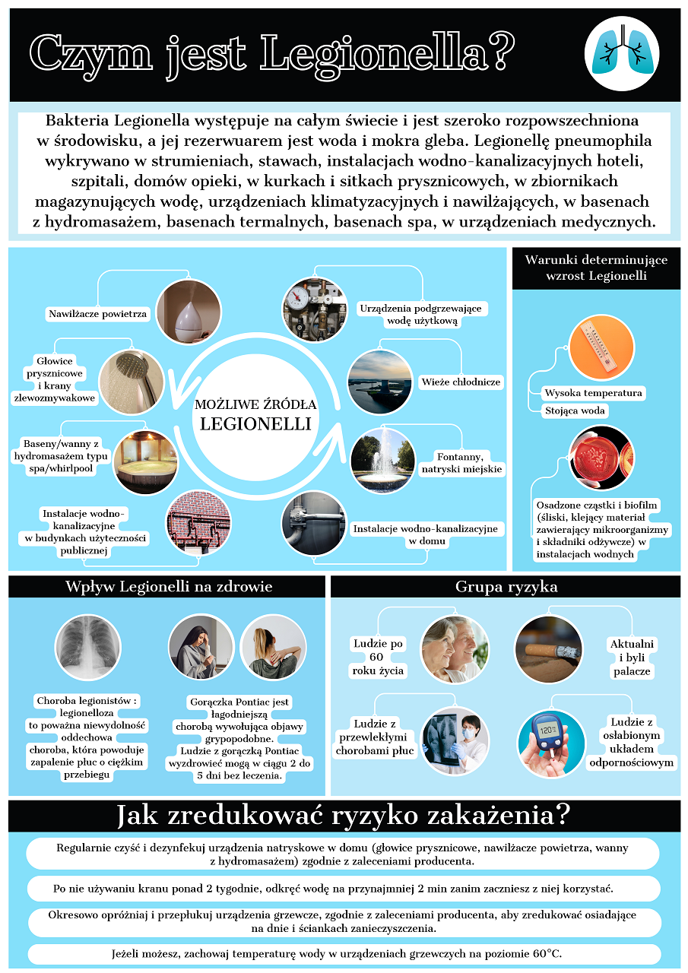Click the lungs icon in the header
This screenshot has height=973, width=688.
(621, 54)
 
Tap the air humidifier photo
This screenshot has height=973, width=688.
(188, 312)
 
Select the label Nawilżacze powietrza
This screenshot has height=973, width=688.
(98, 313)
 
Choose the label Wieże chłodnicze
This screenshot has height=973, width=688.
(460, 382)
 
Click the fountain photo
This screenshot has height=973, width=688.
(383, 461)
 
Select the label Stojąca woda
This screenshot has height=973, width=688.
(575, 410)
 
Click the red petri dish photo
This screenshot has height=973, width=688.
(601, 458)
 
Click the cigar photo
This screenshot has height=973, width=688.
(549, 648)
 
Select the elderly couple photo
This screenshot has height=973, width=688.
(455, 648)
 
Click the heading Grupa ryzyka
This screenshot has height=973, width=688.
(506, 587)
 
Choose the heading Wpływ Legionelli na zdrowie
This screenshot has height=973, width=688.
(169, 587)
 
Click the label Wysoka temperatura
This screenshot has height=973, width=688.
(594, 393)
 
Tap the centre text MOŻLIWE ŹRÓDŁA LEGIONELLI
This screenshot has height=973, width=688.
(255, 414)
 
